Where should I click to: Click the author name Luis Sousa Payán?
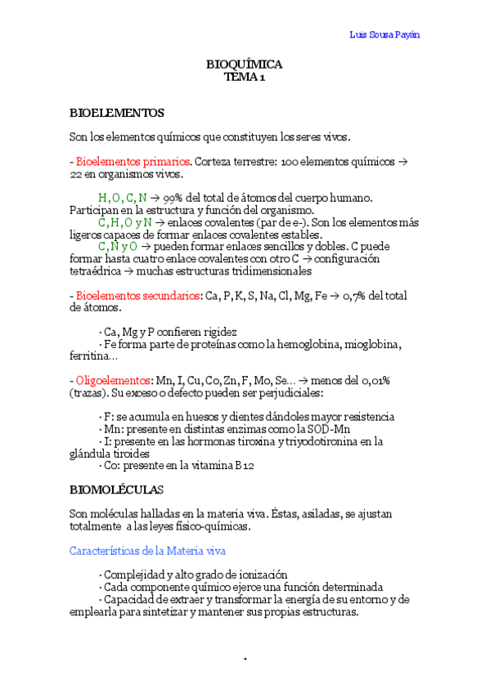click(x=389, y=34)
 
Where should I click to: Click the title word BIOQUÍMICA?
click(x=245, y=65)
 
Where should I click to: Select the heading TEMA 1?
click(x=245, y=78)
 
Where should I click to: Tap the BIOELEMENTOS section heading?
click(x=116, y=112)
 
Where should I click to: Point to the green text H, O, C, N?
click(x=123, y=198)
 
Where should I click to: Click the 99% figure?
click(x=174, y=198)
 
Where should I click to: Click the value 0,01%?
click(x=375, y=381)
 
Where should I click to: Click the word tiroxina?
click(x=261, y=441)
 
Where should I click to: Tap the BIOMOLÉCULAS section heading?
click(x=116, y=490)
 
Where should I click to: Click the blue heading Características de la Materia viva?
click(x=148, y=551)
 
